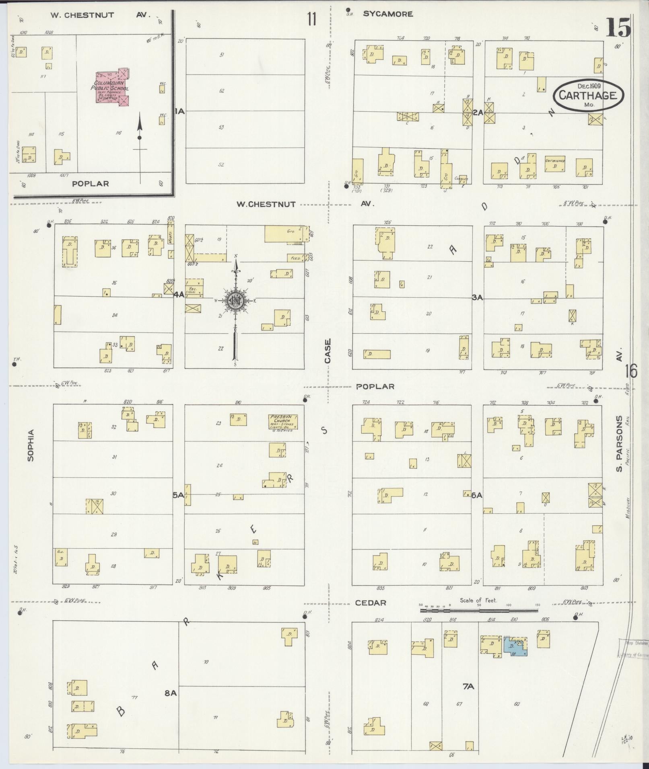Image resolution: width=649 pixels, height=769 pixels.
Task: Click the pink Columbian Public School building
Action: point(112,88)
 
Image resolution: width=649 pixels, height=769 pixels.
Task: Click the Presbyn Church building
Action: point(283,422)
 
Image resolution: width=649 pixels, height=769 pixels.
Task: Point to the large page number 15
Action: point(618,28)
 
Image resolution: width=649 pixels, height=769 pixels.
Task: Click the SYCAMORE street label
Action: point(388,14)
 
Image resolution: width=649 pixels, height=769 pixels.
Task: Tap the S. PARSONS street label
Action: point(620,443)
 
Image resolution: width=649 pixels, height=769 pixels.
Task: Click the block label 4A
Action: point(179,295)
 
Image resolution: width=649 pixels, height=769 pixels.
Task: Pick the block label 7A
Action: point(468,687)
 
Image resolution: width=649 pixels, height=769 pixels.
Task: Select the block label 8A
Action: point(171,693)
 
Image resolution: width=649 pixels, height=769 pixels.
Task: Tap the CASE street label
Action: point(328,351)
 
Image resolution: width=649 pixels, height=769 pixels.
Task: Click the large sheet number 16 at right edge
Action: point(631,371)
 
